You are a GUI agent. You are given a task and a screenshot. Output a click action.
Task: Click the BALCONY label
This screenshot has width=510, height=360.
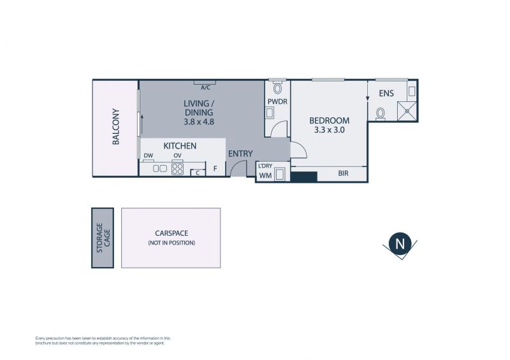(116, 127)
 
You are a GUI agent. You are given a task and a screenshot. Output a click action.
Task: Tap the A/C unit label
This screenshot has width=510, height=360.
(205, 88)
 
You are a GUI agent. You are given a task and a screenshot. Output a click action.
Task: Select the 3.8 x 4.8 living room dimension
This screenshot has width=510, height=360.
(199, 122)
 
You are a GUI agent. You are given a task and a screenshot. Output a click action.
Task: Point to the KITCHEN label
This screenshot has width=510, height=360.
(180, 146)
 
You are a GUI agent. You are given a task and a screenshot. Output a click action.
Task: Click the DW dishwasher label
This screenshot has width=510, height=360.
(149, 155)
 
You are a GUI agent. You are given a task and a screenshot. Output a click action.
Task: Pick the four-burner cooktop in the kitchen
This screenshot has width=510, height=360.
(178, 169)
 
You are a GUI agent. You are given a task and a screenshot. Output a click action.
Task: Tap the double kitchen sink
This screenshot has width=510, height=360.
(160, 168)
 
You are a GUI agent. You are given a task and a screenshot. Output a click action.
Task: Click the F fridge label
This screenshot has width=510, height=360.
(215, 169)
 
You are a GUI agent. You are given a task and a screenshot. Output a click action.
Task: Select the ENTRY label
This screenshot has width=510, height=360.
(240, 154)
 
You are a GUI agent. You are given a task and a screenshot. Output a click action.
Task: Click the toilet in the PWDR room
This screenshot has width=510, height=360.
(277, 87)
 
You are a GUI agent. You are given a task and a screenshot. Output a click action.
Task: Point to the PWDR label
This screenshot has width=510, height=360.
(277, 102)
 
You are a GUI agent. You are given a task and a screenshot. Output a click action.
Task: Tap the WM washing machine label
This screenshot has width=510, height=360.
(265, 176)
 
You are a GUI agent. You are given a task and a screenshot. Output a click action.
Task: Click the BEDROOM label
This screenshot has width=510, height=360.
(329, 120)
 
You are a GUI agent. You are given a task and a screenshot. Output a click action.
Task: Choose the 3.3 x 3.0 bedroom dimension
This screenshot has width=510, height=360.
(330, 130)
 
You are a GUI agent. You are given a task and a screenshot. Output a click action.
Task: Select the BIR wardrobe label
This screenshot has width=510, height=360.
(343, 173)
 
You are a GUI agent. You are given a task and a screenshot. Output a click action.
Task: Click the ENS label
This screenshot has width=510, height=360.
(386, 93)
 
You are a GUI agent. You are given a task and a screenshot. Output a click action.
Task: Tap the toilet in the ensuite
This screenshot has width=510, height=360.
(380, 114)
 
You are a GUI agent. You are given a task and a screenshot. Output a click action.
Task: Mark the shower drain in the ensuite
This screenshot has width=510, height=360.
(407, 111)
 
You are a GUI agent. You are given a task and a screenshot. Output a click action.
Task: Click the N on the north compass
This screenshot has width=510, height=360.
(400, 243)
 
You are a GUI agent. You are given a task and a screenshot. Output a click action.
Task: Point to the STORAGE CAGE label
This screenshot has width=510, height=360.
(103, 238)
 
